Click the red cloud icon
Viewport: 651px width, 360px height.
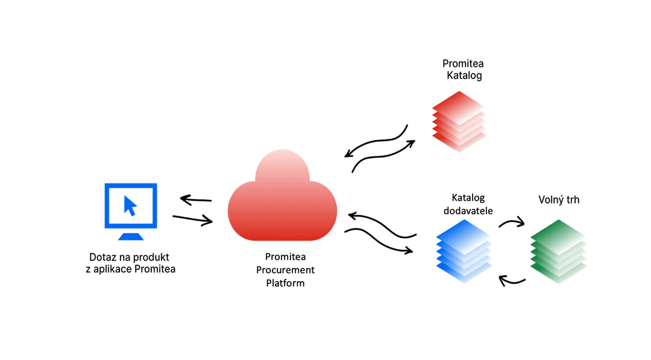pyautogui.click(x=282, y=202)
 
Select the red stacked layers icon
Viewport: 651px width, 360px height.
pyautogui.click(x=459, y=121)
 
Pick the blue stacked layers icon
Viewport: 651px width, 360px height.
pyautogui.click(x=464, y=250)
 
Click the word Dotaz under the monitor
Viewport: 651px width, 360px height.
pyautogui.click(x=102, y=256)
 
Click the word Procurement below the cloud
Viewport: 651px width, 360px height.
pyautogui.click(x=286, y=270)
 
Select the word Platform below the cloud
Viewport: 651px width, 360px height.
pyautogui.click(x=286, y=282)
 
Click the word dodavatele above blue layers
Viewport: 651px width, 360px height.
pyautogui.click(x=468, y=210)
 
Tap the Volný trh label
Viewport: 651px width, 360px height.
pyautogui.click(x=558, y=200)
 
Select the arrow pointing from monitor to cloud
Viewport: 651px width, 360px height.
pyautogui.click(x=192, y=219)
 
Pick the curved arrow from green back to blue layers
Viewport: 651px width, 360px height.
pyautogui.click(x=512, y=280)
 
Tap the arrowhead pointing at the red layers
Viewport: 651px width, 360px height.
pyautogui.click(x=412, y=142)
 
